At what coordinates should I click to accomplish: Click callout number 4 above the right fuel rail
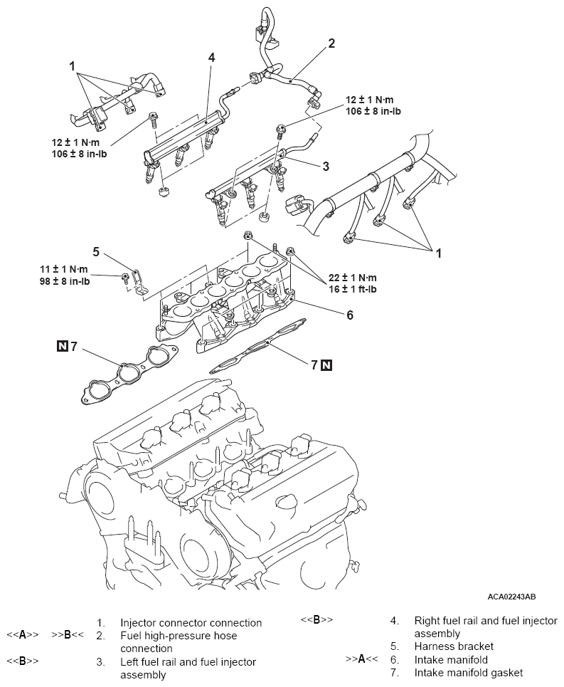coord(211,58)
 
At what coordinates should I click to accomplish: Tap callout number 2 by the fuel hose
coord(331,43)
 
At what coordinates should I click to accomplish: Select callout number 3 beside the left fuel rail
coord(326,166)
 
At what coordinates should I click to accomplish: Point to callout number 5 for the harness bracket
coord(96,251)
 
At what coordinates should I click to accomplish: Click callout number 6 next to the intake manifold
coord(350,315)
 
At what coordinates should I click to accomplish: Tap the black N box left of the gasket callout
coord(63,346)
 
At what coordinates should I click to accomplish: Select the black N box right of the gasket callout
coord(326,365)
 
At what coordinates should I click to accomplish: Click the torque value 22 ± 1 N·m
coord(353,278)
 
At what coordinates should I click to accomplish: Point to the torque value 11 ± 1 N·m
coord(64,269)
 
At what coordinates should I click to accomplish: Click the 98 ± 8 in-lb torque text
coord(65,280)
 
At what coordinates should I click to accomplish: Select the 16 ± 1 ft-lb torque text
coord(353,289)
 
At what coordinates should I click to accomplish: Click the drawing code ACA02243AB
coord(512,597)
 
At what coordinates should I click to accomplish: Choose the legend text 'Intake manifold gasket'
coord(469,673)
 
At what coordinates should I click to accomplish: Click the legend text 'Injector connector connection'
coord(191,623)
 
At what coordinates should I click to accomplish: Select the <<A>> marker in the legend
coord(23,635)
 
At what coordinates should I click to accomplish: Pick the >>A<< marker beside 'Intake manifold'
coord(361,659)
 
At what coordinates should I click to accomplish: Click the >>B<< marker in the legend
coord(68,635)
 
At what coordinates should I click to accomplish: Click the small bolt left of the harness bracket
coord(126,277)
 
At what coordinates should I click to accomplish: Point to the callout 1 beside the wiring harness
coord(438,253)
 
